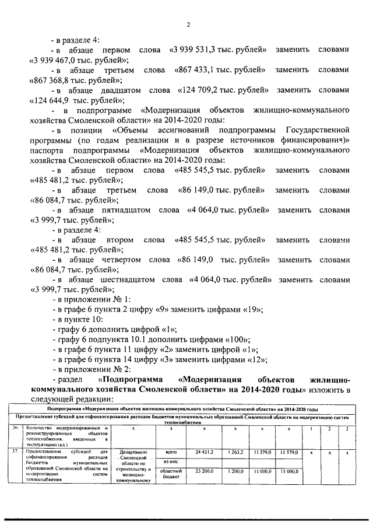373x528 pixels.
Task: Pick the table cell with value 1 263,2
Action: (x=235, y=452)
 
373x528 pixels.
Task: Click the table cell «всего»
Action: (x=171, y=452)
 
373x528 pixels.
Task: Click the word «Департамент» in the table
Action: (x=134, y=452)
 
